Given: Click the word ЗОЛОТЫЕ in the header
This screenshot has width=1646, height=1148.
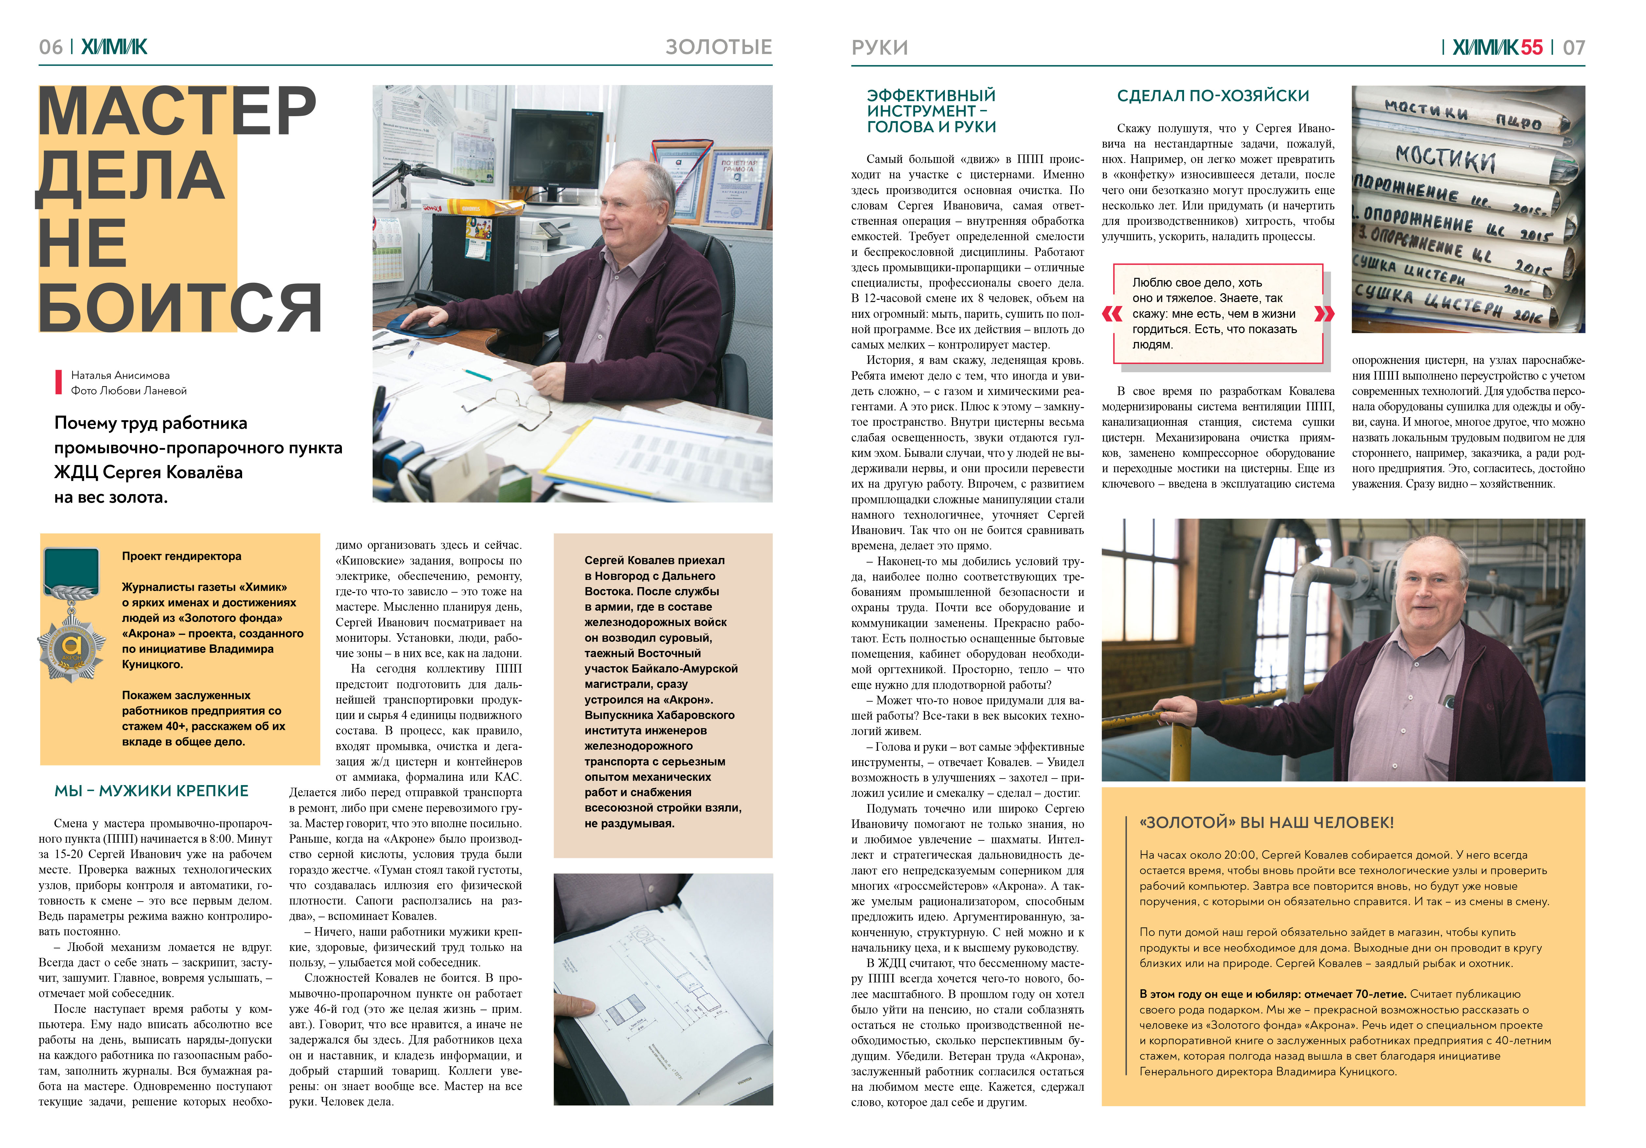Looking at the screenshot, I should pos(718,47).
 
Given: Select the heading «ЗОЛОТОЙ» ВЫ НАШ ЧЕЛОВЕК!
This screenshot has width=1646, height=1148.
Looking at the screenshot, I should pos(1266,822).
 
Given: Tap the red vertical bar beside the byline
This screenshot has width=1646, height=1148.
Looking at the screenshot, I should pos(58,382).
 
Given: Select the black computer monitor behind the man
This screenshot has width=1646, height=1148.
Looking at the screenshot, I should pos(557,147).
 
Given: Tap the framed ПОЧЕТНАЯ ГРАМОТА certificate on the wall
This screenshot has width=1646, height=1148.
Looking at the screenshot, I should pos(737,188).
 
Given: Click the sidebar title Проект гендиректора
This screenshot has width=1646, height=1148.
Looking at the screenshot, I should pos(181,556).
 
